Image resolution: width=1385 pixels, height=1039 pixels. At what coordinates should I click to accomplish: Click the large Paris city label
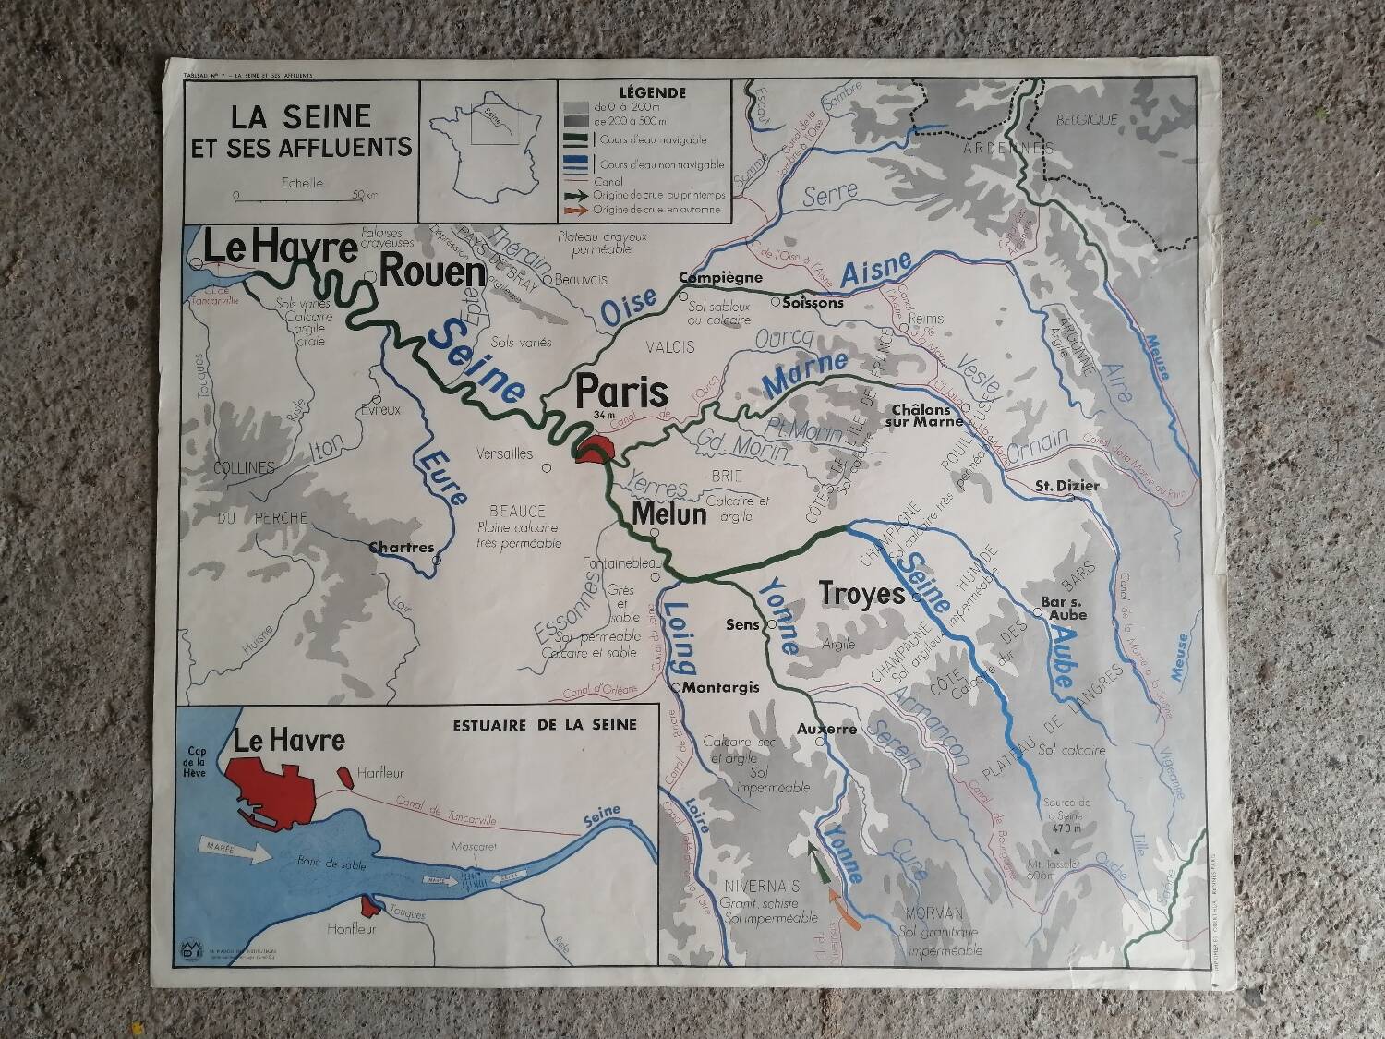tap(621, 391)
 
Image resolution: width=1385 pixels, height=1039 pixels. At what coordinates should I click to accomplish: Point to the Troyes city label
tap(862, 593)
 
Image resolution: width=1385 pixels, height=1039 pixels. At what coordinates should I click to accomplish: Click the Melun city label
tap(669, 513)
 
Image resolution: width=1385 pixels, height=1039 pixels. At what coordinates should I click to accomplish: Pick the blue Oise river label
tap(630, 308)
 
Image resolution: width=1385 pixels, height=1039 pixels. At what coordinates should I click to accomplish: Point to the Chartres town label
tap(401, 547)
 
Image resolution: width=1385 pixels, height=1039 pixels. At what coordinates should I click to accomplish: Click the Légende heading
tap(652, 92)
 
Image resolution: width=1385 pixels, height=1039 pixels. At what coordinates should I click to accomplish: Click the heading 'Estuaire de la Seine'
tap(545, 724)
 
